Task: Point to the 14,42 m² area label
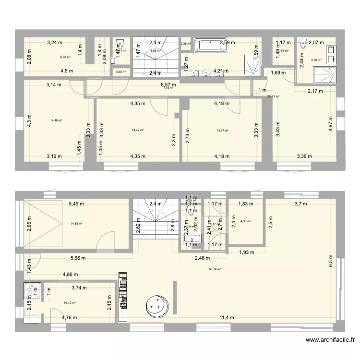coord(138,130)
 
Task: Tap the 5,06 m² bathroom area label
coord(316,60)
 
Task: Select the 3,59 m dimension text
coord(228,43)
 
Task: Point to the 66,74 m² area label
coord(215,269)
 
